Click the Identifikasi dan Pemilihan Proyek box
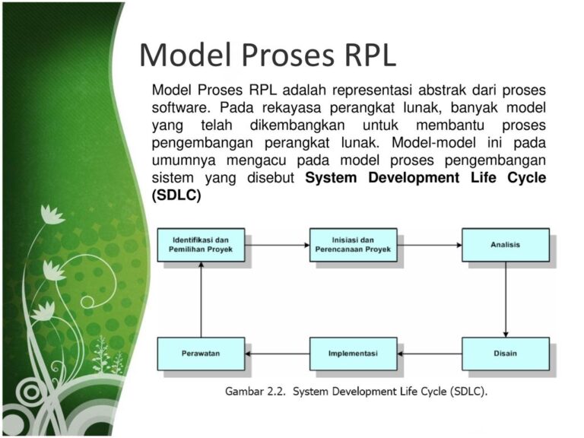(x=202, y=245)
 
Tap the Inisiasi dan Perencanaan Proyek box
(x=353, y=245)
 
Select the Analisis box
(x=506, y=245)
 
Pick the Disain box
(x=506, y=354)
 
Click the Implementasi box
(x=353, y=354)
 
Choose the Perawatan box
(x=202, y=354)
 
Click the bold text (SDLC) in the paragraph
(x=176, y=195)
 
